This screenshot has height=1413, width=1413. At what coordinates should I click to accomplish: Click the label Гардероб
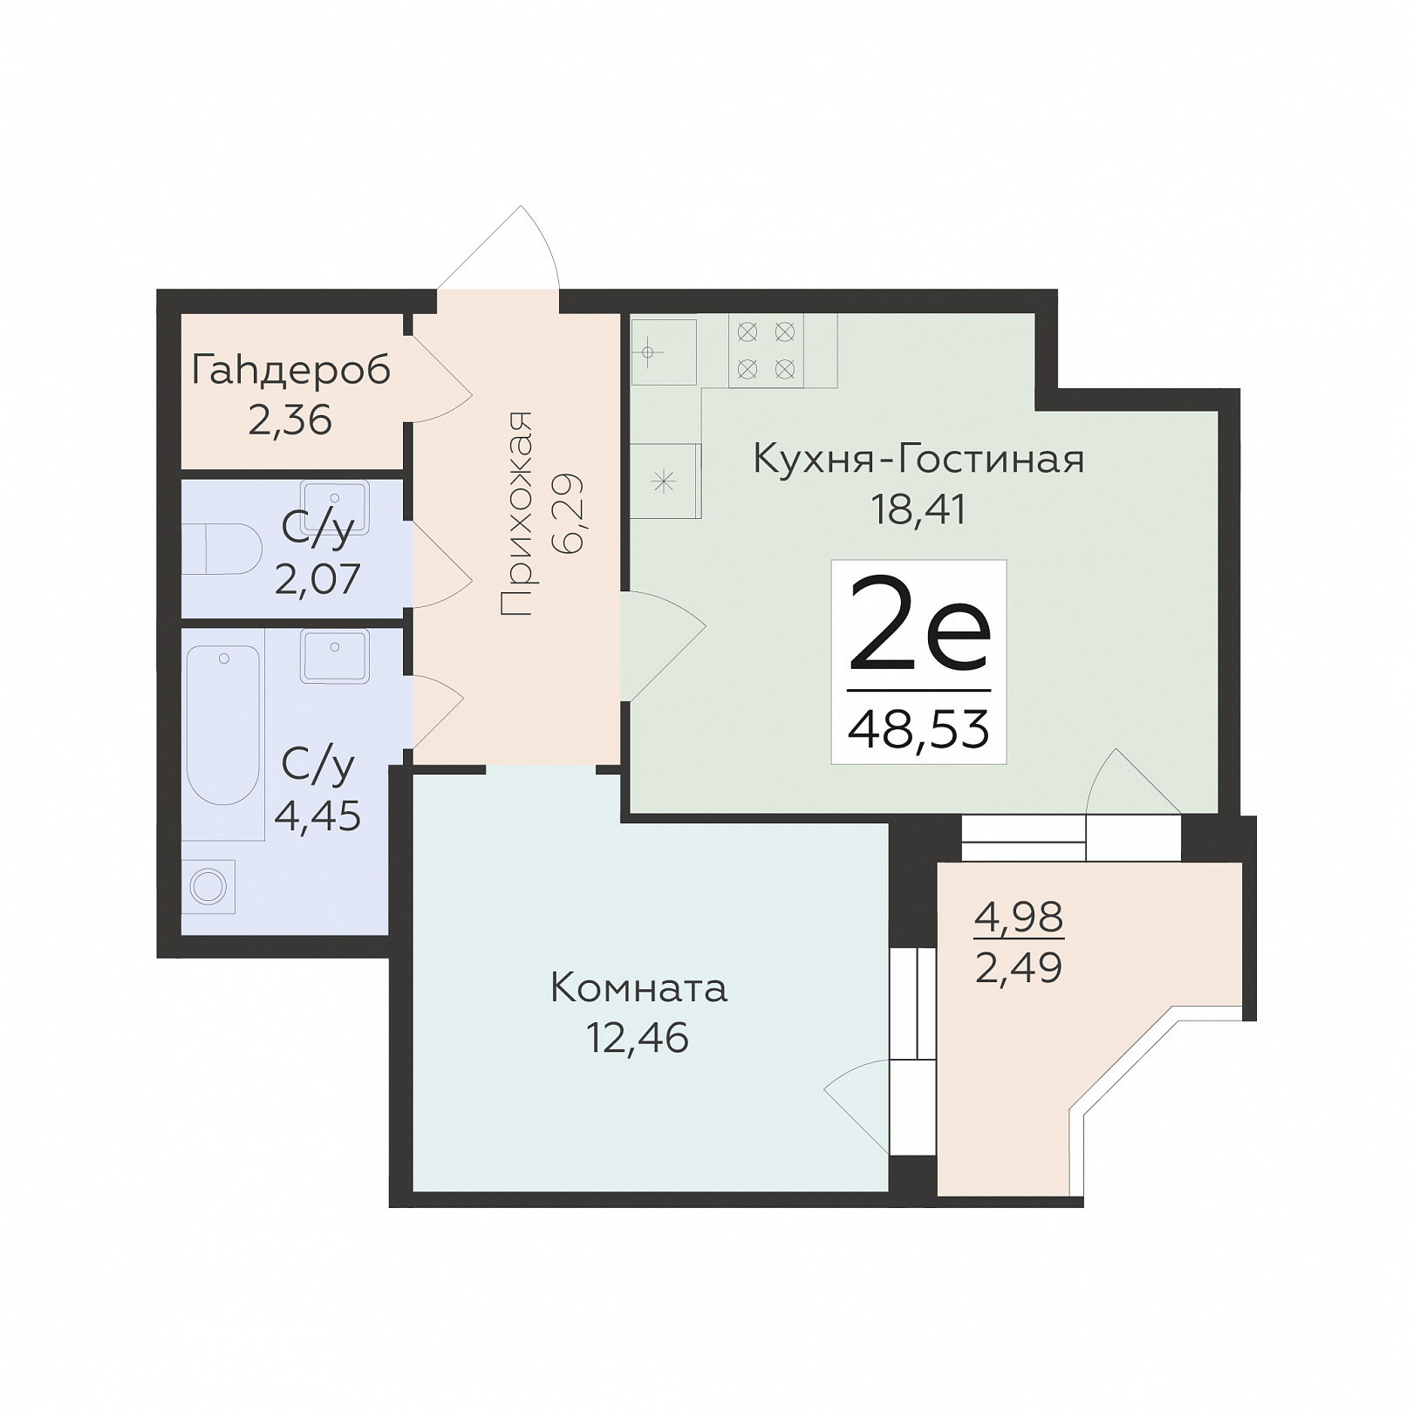point(290,372)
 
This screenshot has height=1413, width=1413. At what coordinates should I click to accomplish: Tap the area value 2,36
point(290,420)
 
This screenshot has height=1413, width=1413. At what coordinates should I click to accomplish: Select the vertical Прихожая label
point(516,514)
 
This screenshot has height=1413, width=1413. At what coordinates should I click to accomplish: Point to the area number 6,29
point(568,514)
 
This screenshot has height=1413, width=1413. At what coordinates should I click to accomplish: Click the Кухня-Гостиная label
point(918,459)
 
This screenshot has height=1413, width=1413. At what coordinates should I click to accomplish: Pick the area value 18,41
point(918,509)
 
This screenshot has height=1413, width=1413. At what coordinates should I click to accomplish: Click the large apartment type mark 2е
point(919,623)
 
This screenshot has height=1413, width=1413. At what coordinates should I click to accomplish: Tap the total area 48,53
point(918,729)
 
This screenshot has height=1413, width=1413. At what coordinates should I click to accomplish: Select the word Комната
point(638,989)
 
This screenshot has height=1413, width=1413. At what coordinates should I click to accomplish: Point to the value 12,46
point(638,1039)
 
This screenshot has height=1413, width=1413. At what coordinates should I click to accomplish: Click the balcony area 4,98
point(1019,917)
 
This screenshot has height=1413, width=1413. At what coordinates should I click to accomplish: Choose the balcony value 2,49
point(1019,967)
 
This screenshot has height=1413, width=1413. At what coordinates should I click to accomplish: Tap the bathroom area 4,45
point(317,817)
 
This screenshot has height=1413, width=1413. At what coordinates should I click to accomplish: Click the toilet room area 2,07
point(317,579)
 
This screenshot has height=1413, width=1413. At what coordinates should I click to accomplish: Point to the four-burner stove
point(766,350)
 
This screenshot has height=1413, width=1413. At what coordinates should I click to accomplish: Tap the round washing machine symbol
point(208,887)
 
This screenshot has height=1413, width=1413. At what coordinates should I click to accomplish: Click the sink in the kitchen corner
point(664,352)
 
